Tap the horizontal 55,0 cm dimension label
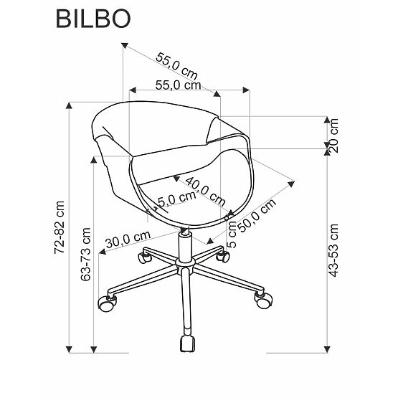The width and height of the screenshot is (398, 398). tap(177, 85)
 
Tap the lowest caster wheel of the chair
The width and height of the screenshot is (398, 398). tap(188, 342)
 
